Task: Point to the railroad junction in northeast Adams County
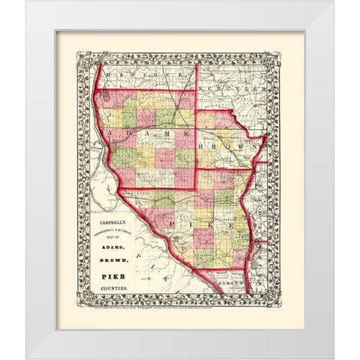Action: pyautogui.click(x=173, y=113)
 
